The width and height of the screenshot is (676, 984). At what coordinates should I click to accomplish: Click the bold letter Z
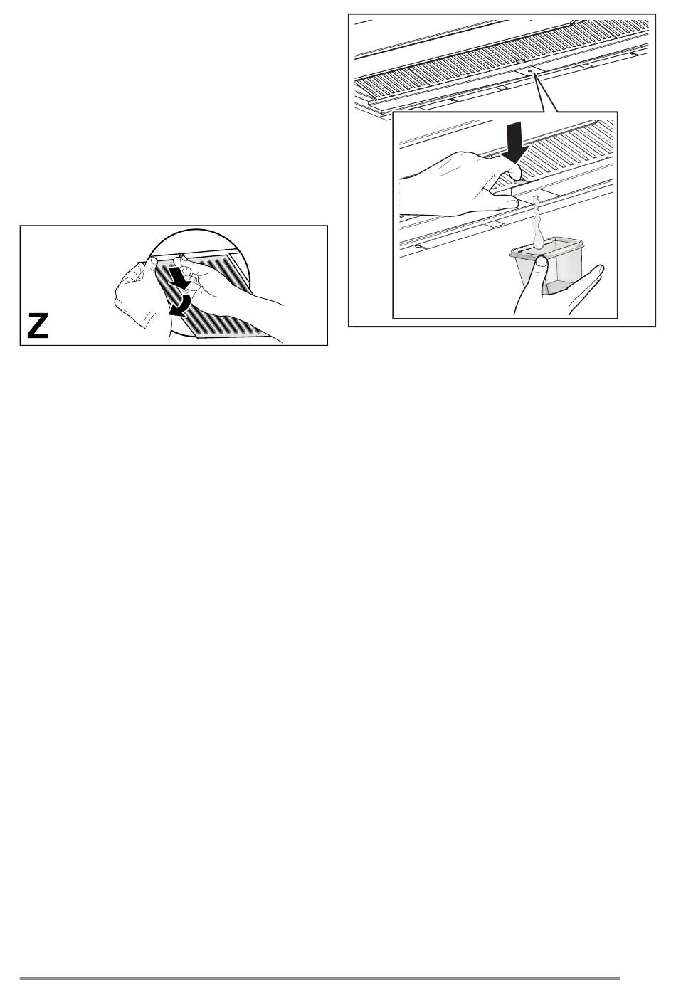coord(38,326)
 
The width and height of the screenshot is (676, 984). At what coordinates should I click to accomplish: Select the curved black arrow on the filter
coord(181,306)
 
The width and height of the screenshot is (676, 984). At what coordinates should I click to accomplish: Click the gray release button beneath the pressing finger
coord(524,180)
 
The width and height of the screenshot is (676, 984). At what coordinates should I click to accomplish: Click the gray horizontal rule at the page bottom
coord(319,978)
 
